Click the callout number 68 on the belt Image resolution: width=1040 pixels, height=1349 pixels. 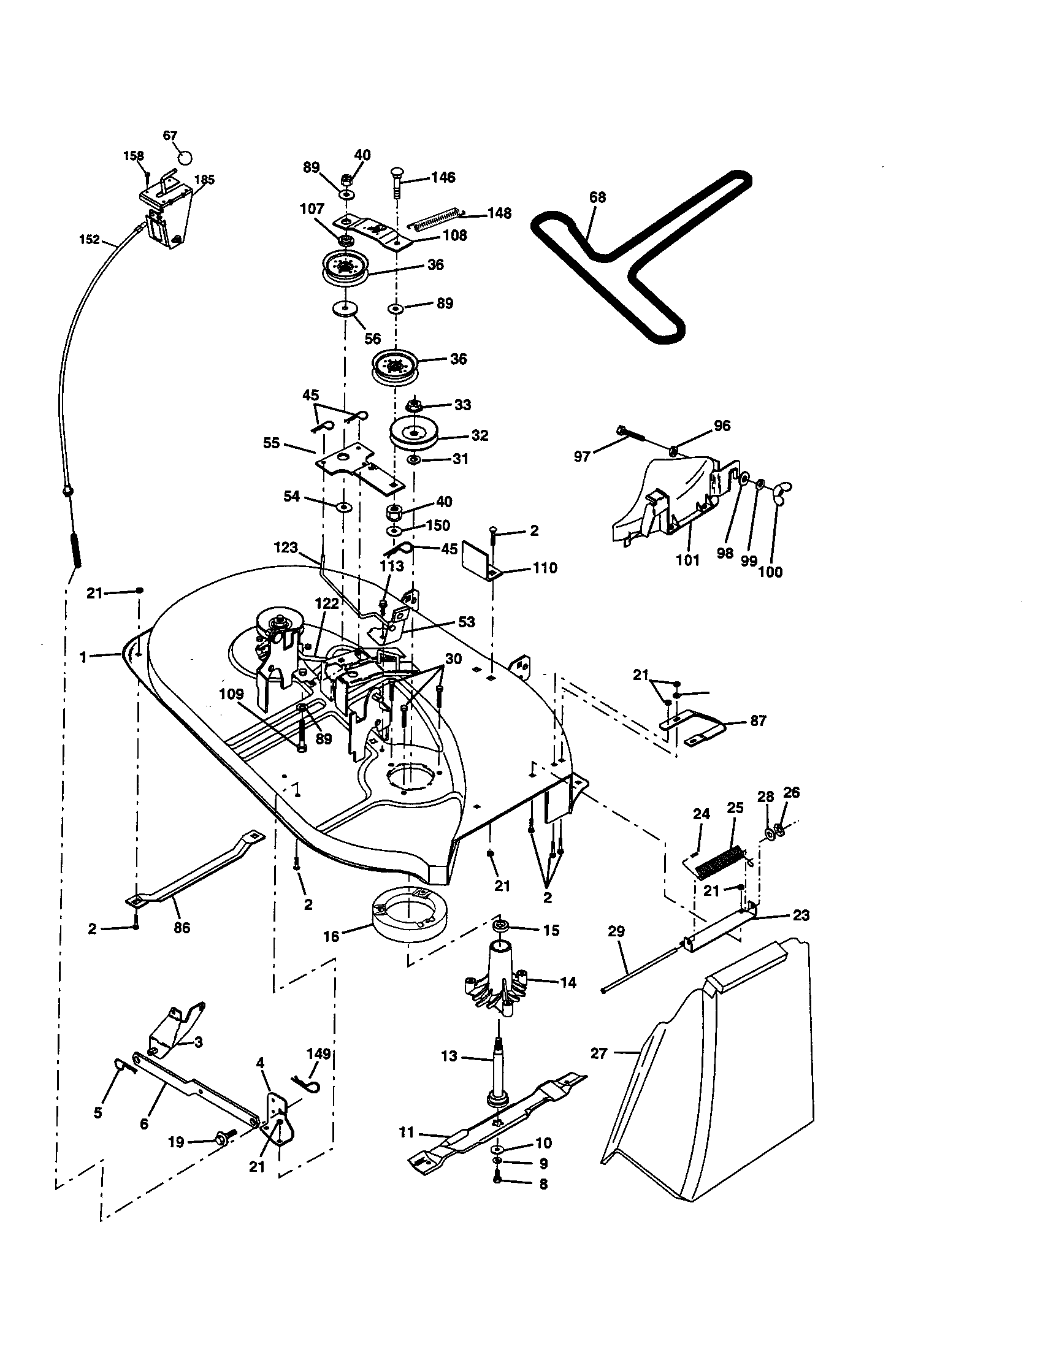tap(597, 197)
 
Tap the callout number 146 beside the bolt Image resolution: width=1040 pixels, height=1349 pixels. tap(443, 177)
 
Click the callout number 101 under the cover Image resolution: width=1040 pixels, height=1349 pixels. tap(687, 560)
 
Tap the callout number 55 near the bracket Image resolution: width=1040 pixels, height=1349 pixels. tap(271, 443)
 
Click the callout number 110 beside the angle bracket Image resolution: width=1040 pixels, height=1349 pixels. tap(544, 568)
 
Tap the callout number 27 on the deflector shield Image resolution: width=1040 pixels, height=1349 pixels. tap(598, 1053)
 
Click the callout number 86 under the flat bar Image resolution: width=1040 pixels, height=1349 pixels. tap(182, 927)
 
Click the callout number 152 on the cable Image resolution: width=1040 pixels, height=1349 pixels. tap(89, 240)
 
